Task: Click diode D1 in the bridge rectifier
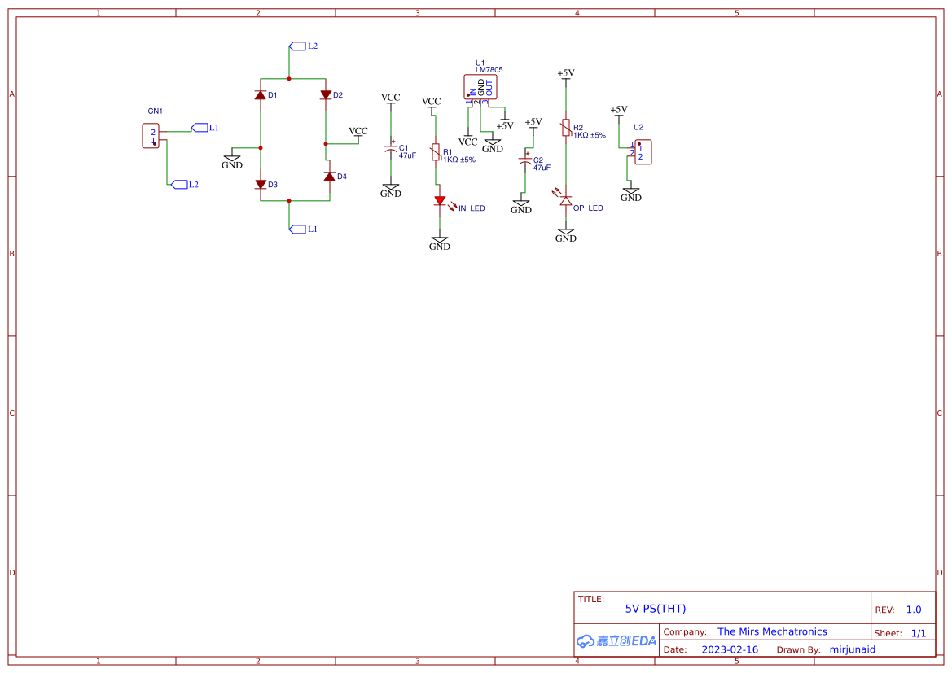261,95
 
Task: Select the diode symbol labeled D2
326,95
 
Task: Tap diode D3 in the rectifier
261,185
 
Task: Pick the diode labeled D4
330,177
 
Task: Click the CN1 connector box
151,136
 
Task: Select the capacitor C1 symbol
391,150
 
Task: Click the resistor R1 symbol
436,153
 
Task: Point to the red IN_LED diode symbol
440,200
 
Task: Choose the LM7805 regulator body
480,86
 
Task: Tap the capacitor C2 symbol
525,162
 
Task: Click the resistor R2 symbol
566,129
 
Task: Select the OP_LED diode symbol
566,200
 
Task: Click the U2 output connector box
643,152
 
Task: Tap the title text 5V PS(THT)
656,609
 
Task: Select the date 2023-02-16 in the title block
730,649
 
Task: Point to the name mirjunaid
853,649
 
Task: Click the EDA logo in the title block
616,640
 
